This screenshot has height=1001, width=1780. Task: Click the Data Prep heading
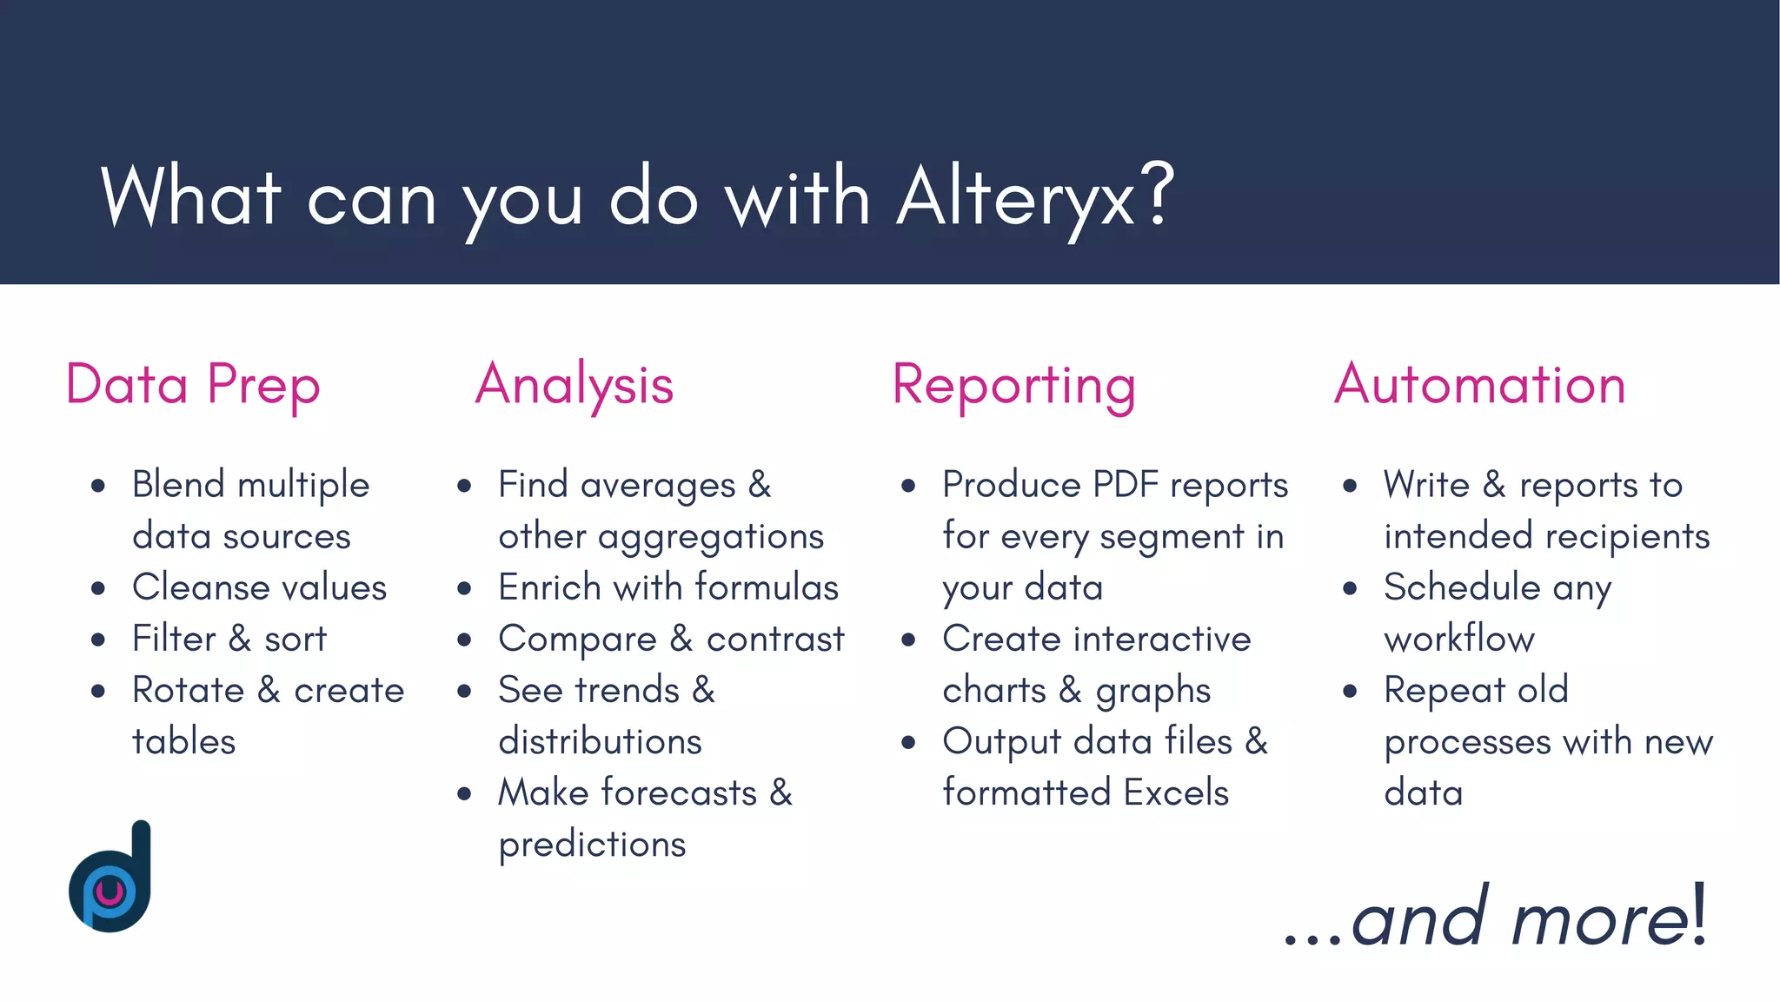coord(193,385)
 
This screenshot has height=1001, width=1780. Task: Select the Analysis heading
coord(575,385)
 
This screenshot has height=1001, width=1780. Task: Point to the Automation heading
coord(1479,384)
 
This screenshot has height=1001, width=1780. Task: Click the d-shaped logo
coord(111,878)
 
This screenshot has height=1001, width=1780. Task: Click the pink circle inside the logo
coord(110,892)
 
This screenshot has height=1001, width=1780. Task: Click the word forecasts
coord(679,792)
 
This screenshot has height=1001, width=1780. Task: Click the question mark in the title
coord(1158,196)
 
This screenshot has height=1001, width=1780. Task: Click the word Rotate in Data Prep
coord(188,690)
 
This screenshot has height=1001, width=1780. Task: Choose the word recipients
coord(1624,536)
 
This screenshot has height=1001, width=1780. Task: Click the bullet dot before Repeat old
coord(1350,692)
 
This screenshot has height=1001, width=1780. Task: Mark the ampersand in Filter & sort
coord(241,640)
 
